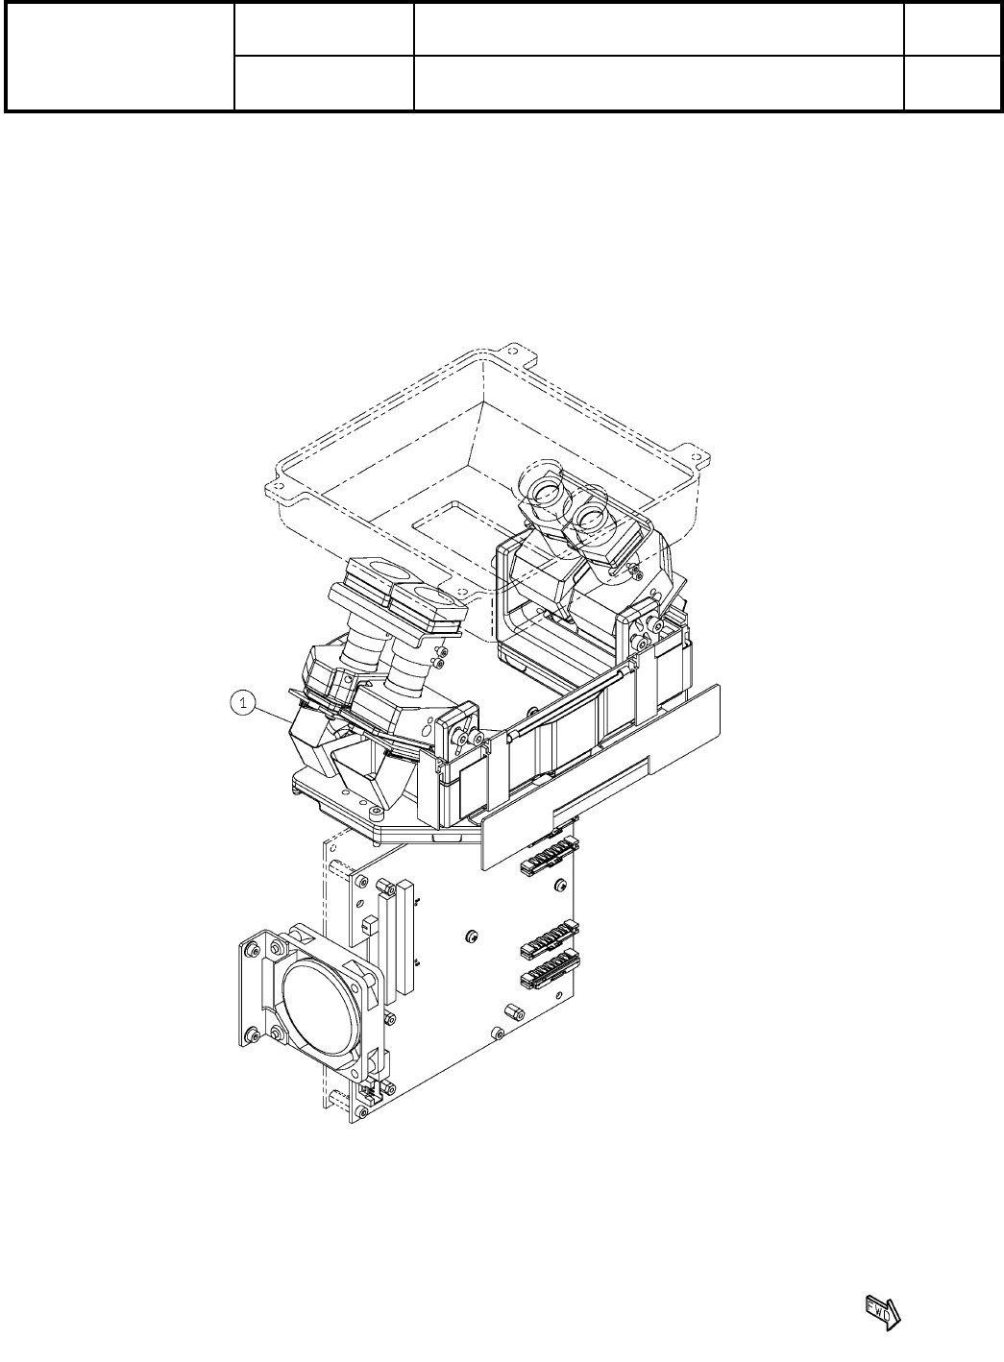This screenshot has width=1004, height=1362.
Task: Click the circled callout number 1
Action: pos(243,703)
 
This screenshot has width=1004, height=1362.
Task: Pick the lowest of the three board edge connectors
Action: pos(550,967)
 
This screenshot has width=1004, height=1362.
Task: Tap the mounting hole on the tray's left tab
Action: pos(280,486)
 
